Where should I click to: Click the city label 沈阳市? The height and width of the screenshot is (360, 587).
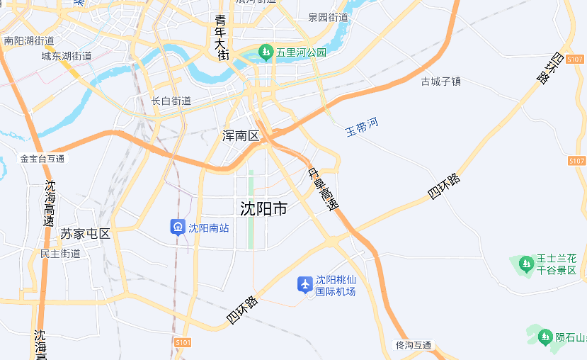coord(263,209)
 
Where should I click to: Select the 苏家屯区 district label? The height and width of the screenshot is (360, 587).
coord(85,234)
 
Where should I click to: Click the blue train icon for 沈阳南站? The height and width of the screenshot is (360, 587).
coord(178,227)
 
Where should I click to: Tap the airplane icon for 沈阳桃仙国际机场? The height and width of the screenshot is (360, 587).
coord(305,284)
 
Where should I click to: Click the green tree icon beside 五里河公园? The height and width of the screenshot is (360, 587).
coord(266,52)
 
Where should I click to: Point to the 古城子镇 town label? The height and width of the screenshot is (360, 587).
coord(440,81)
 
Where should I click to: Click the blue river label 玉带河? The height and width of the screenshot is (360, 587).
coord(361,128)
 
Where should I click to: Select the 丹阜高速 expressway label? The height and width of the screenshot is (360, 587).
coord(324,191)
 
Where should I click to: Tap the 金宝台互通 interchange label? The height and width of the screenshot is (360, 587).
coord(42,159)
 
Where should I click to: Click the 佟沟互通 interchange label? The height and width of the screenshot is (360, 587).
coord(414,345)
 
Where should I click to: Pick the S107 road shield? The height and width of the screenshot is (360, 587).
coord(576,161)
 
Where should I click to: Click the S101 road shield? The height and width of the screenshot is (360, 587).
coord(183,342)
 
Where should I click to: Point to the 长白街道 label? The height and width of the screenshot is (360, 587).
coord(171,101)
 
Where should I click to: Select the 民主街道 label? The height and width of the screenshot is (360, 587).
coord(60,254)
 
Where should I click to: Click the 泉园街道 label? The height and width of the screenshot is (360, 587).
coord(329,17)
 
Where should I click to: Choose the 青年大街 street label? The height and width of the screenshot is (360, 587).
coord(222,37)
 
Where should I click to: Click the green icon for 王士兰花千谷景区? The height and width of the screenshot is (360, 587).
coord(525,264)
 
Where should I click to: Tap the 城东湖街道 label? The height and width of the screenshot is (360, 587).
coord(67,56)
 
